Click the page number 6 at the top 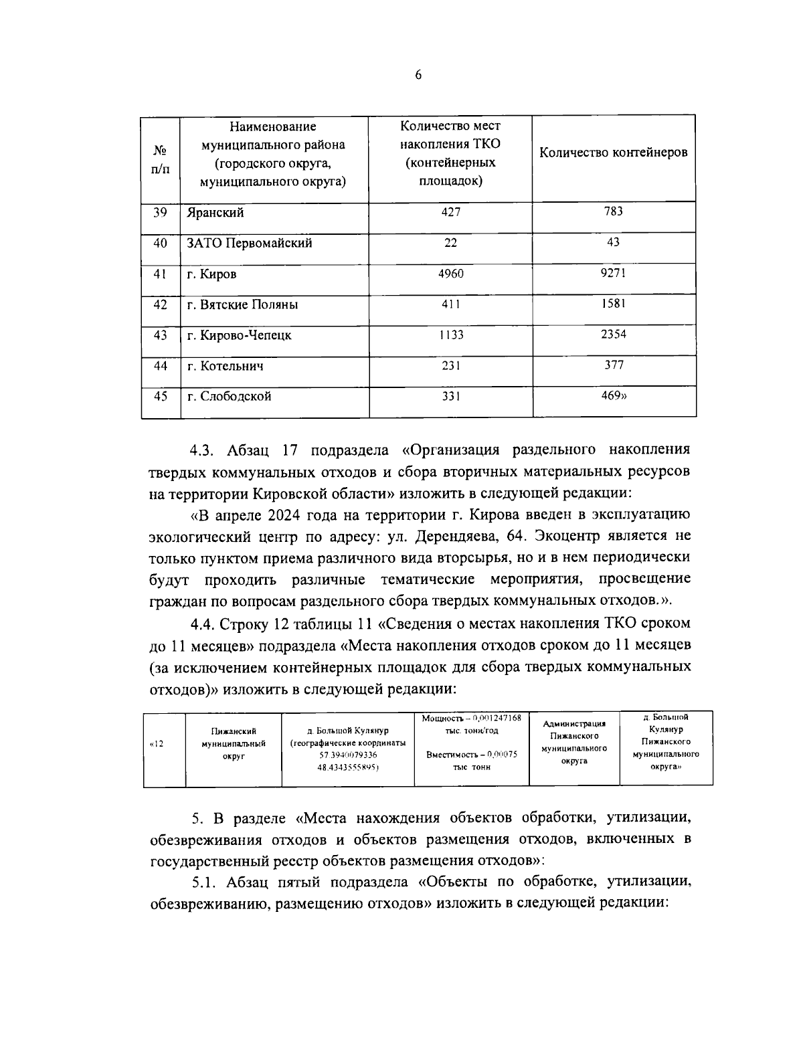418,75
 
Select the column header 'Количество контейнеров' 613,153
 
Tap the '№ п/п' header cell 161,160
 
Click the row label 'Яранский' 215,213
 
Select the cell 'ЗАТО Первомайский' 250,244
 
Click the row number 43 161,335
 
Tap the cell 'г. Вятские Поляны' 242,305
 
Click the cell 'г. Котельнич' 226,366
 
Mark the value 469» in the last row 614,395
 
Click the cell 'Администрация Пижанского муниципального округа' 573,743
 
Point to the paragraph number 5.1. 206,882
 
